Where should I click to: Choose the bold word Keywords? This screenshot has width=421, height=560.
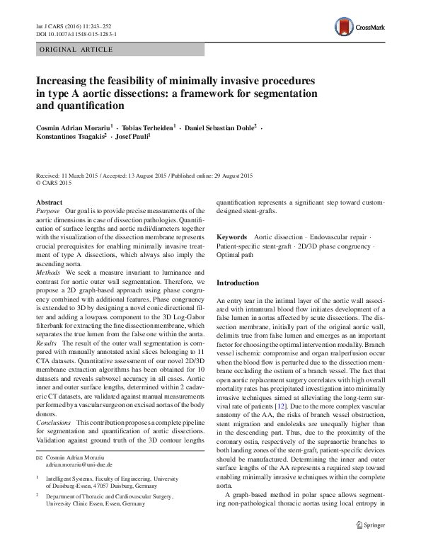(231, 236)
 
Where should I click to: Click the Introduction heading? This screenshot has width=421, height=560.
(243, 282)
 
